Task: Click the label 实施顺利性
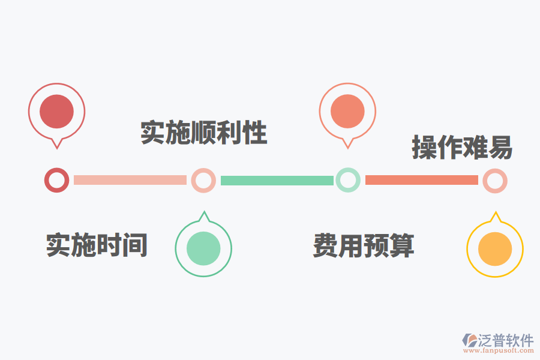coord(203,133)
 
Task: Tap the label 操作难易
coord(462,147)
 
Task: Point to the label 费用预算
coord(364,245)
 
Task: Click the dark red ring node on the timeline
coord(56,180)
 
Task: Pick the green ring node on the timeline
coord(348,180)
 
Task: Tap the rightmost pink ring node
coord(495,181)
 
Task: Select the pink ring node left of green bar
coord(203,180)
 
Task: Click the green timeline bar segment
coord(277,180)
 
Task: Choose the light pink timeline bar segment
coord(130,180)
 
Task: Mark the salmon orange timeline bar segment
coord(421,180)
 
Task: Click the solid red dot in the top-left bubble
coord(56,112)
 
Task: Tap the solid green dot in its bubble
coord(203,248)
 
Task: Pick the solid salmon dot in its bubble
coord(347,112)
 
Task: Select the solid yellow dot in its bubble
coord(495,248)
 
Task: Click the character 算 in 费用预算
coord(402,245)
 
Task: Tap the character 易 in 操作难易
coord(500,147)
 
